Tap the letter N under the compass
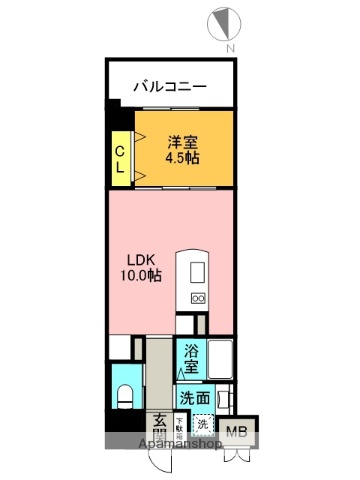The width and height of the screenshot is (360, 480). click(229, 48)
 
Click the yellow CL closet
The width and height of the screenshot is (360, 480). click(119, 158)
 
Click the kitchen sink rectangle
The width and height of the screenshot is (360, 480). click(196, 271)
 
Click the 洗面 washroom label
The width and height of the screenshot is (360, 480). click(194, 398)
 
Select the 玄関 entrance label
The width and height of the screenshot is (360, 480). click(160, 427)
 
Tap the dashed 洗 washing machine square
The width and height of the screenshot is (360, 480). click(203, 424)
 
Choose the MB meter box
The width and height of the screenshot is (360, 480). click(235, 432)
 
